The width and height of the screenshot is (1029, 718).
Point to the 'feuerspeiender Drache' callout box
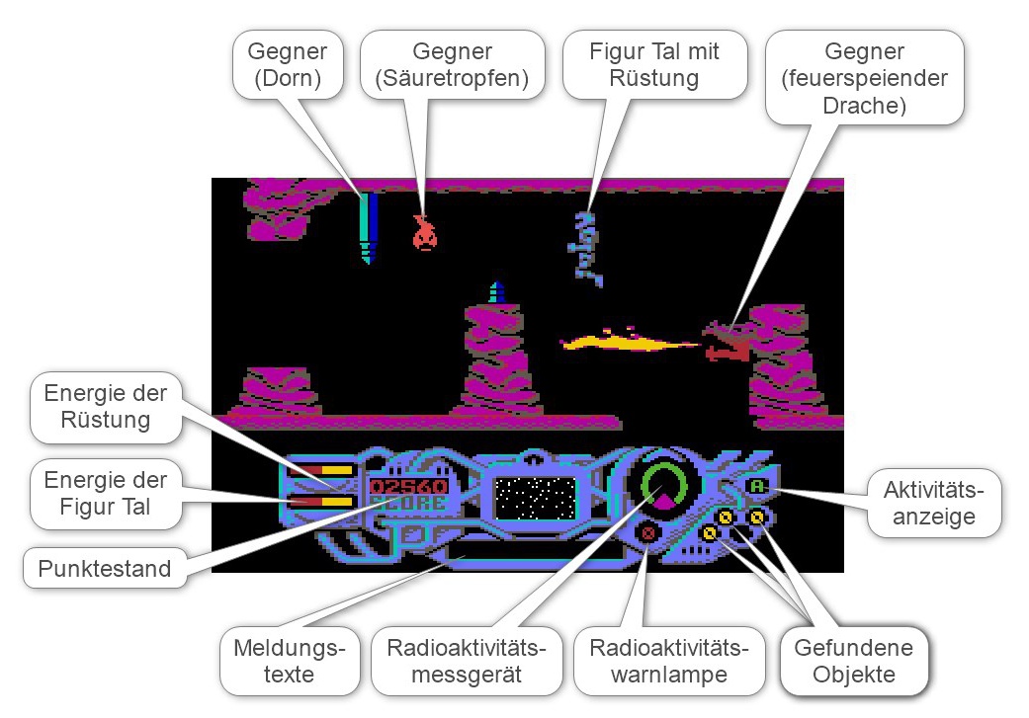click(865, 77)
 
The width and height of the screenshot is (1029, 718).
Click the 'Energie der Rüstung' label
click(106, 406)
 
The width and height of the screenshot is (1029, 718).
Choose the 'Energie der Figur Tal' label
click(106, 494)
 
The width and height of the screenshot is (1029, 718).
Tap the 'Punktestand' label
click(104, 568)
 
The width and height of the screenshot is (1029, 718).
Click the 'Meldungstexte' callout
click(290, 662)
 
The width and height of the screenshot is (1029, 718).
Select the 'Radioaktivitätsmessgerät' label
click(467, 662)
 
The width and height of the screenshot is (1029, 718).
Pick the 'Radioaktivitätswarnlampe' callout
click(669, 662)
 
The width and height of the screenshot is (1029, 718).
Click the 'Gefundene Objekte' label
click(853, 662)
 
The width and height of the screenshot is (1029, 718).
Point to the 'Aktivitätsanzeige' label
click(932, 503)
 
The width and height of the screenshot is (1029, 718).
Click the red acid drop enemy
click(424, 233)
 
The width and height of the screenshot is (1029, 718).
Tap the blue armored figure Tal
click(589, 247)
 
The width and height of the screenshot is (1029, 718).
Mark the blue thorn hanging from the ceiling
click(369, 226)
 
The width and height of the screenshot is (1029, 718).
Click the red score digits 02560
click(408, 487)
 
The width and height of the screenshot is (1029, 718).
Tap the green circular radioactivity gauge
click(663, 483)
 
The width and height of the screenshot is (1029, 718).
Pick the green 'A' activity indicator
click(757, 486)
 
